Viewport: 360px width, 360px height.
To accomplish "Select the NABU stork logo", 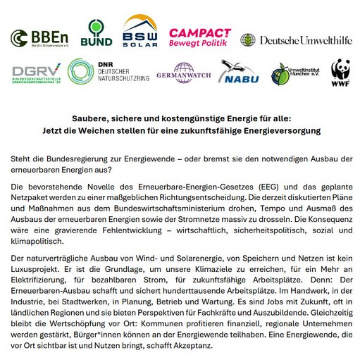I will pyautogui.click(x=240, y=73).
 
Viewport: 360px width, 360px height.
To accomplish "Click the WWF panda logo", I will pyautogui.click(x=342, y=73).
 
